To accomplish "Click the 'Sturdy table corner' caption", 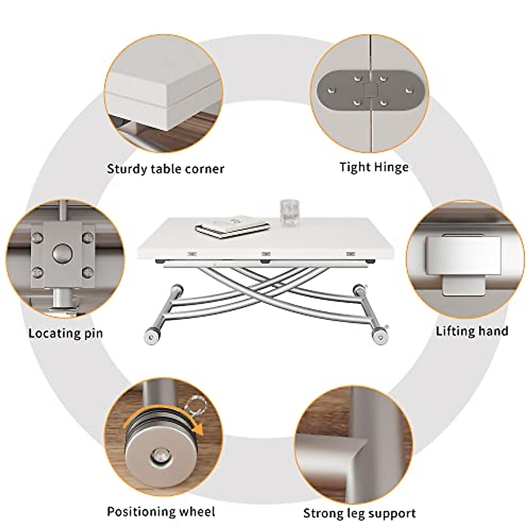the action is (x=165, y=169).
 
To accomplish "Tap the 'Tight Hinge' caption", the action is (x=374, y=167).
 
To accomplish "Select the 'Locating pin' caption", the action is (x=65, y=333).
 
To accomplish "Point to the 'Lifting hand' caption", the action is (x=472, y=331).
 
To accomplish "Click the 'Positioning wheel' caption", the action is (x=161, y=500).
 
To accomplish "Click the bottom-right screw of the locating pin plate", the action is (x=88, y=271).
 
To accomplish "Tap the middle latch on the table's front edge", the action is (x=265, y=254).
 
